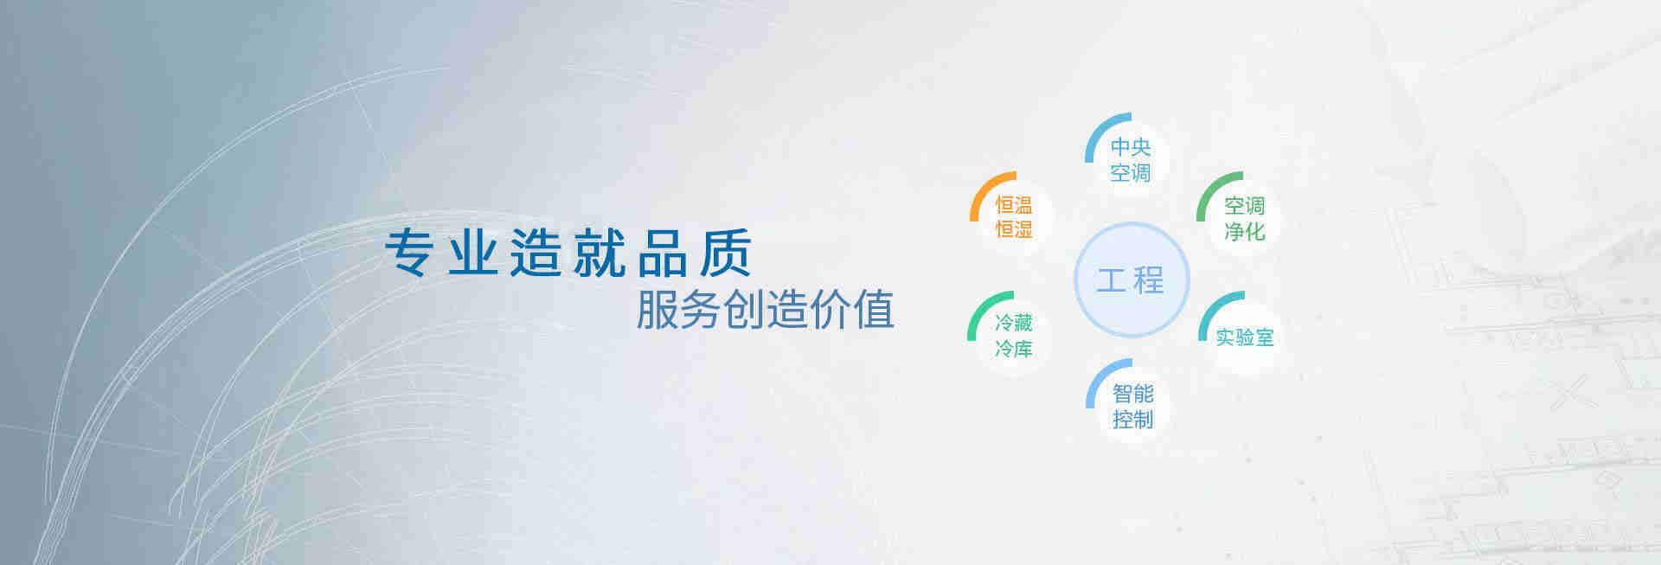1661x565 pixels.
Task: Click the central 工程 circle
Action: pyautogui.click(x=1132, y=279)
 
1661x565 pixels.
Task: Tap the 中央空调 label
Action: pyautogui.click(x=1131, y=160)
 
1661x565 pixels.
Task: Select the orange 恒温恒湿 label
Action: pyautogui.click(x=1014, y=217)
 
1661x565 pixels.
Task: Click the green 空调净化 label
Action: pyautogui.click(x=1245, y=218)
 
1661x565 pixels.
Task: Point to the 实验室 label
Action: pyautogui.click(x=1245, y=337)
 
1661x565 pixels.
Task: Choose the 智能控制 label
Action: pyautogui.click(x=1133, y=407)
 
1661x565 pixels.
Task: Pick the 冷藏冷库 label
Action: pyautogui.click(x=1014, y=336)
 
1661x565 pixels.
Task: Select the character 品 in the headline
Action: pyautogui.click(x=663, y=253)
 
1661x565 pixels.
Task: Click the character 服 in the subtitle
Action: pyautogui.click(x=657, y=309)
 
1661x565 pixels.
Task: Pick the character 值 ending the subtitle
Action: pyautogui.click(x=873, y=309)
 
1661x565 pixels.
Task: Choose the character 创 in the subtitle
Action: pyautogui.click(x=743, y=309)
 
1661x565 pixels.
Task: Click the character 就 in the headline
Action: pyautogui.click(x=600, y=253)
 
